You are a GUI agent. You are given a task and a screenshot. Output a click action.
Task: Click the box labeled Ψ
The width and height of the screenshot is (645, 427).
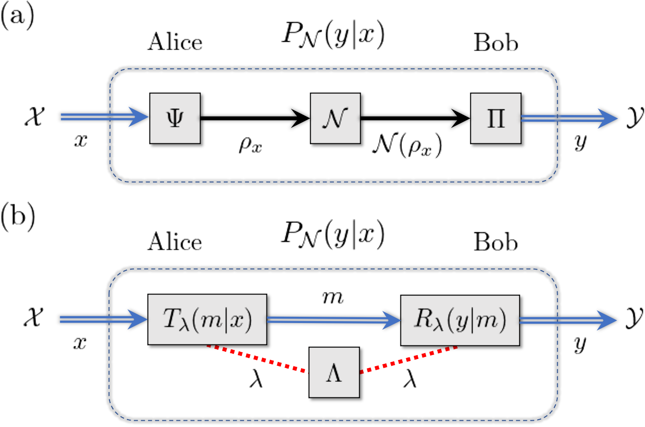pos(175,118)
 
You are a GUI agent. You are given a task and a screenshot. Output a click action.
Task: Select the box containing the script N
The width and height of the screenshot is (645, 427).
pos(335,118)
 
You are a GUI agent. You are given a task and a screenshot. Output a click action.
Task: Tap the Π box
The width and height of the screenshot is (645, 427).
pos(496,118)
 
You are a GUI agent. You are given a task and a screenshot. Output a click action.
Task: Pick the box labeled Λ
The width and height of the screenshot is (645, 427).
pos(334,373)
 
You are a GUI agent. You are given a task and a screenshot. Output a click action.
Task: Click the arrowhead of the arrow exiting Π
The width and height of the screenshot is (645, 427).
pos(607,118)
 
